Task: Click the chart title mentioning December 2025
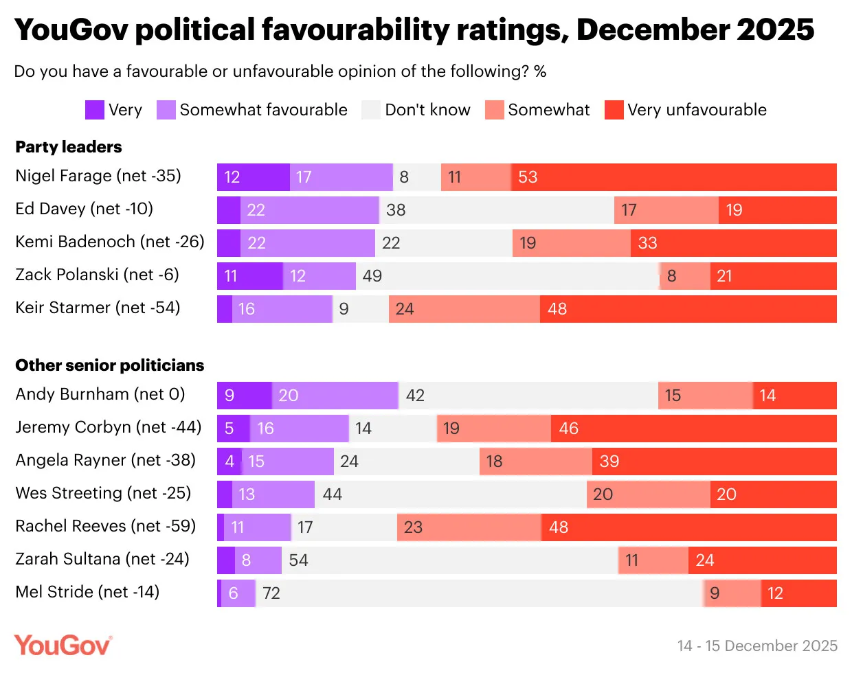coord(414,30)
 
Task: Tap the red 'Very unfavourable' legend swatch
coord(614,110)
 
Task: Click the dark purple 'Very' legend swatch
coord(94,110)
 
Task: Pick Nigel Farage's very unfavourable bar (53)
coord(674,177)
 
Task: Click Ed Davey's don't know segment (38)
coord(497,210)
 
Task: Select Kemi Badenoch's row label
coord(110,242)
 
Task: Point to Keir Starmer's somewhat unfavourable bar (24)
coord(464,309)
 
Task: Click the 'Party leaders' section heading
coord(69,147)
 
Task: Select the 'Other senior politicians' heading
coord(110,365)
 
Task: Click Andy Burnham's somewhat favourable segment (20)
coord(335,396)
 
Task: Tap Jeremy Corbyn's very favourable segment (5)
coord(234,429)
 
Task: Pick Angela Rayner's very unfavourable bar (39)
coord(715,461)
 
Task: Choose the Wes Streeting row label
coord(103,493)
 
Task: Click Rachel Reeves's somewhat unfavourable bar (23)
coord(469,527)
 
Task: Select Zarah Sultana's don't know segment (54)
coord(450,560)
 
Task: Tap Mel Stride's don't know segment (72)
coord(479,593)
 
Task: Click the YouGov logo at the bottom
coord(63,646)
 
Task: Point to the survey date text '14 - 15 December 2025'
coord(757,646)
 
